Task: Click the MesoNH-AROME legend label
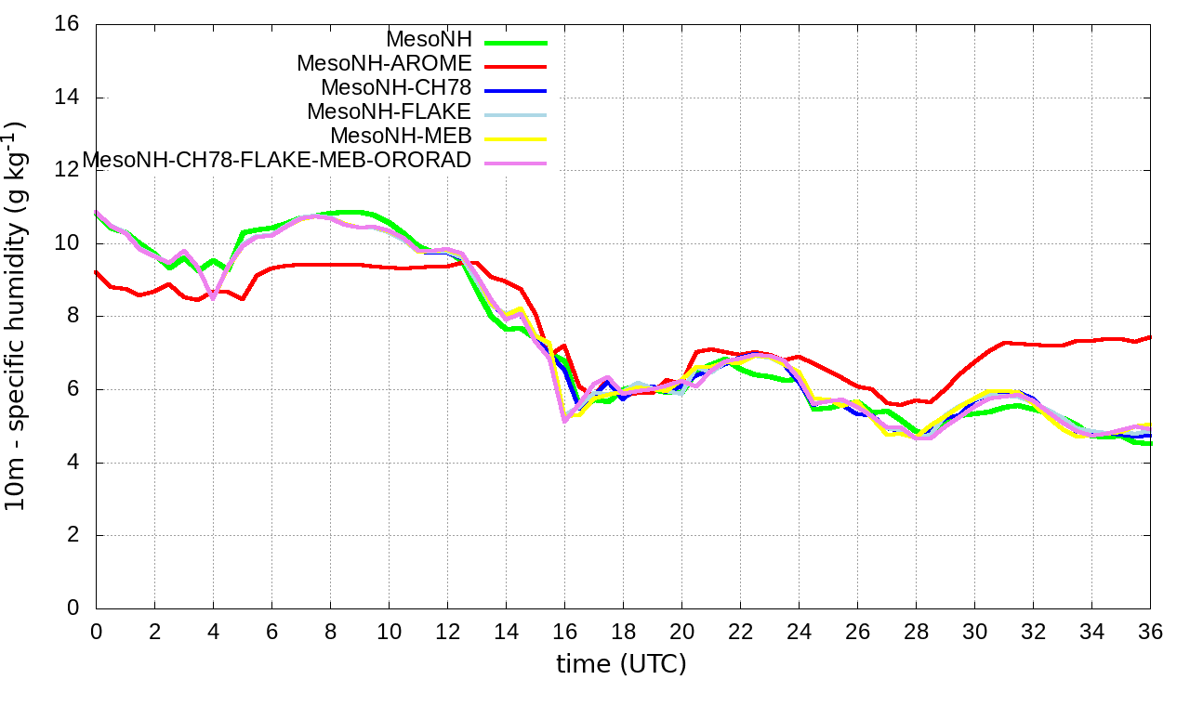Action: click(x=385, y=63)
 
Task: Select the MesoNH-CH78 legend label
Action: click(x=396, y=87)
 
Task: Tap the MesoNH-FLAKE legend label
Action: click(x=390, y=111)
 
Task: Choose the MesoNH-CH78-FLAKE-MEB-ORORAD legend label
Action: click(x=277, y=160)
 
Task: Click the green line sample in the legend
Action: click(x=513, y=42)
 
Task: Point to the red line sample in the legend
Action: click(x=513, y=66)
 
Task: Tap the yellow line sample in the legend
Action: click(x=513, y=138)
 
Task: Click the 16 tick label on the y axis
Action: click(x=68, y=24)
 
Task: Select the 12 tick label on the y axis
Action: click(x=68, y=170)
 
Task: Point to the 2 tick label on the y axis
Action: click(x=74, y=535)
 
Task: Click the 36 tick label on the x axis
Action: click(x=1150, y=631)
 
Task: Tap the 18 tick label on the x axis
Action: click(x=623, y=631)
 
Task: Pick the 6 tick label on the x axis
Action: click(x=271, y=631)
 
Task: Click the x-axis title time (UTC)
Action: click(x=622, y=664)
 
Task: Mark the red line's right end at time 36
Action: click(x=1150, y=337)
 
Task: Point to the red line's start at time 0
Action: click(x=97, y=272)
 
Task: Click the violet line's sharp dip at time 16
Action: click(x=564, y=421)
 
